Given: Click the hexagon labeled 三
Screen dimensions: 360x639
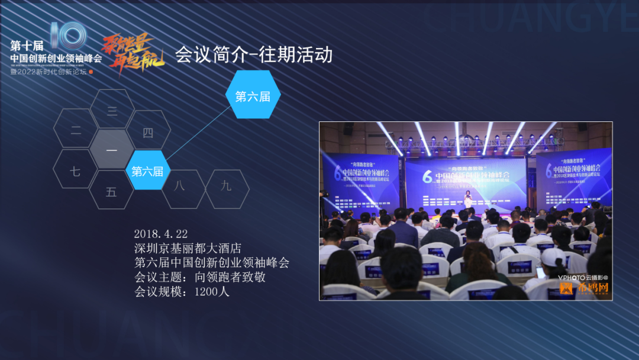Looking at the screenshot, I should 112,110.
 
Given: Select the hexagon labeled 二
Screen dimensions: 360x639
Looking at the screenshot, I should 76,130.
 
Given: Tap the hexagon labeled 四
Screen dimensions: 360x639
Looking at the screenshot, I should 148,131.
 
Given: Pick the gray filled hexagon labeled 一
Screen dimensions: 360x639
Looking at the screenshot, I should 112,150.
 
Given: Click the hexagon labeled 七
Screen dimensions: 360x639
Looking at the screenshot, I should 75,172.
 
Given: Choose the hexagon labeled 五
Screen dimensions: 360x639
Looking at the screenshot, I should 111,192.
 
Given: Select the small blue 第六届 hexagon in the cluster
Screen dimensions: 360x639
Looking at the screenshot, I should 148,171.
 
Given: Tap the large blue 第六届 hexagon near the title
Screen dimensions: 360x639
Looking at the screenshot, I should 253,96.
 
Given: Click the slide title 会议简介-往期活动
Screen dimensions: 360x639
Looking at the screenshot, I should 253,54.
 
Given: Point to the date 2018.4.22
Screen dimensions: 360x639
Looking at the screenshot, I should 161,234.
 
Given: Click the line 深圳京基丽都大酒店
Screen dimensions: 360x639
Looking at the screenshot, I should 188,248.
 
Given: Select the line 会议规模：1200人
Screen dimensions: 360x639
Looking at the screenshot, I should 182,291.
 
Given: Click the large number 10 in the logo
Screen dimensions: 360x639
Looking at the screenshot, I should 68,36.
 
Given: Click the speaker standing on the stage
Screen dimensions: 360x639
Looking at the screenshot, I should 467,198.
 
